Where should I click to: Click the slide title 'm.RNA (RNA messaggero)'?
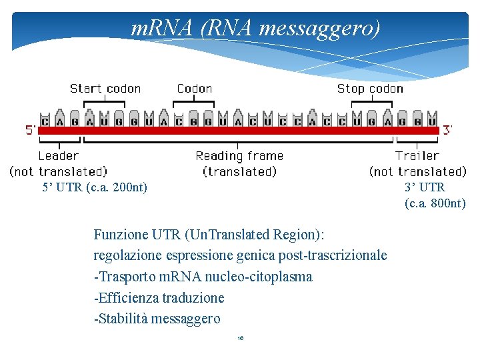(x=255, y=28)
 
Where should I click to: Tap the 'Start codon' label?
(x=105, y=89)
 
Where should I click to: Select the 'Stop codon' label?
(x=370, y=89)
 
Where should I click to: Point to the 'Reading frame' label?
(x=239, y=156)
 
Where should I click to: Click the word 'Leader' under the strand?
(x=59, y=156)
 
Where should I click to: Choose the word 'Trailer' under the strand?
(x=417, y=156)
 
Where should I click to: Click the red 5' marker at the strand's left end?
(x=31, y=130)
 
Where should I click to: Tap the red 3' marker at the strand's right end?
(x=449, y=130)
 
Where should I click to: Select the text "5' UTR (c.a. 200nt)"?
(x=95, y=187)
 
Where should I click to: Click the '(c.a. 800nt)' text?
(x=435, y=203)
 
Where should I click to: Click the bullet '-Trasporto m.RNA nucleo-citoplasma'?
(x=203, y=277)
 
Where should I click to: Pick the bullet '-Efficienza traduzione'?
(x=159, y=298)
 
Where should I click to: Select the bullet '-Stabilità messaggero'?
(x=157, y=319)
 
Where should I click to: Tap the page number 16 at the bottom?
(x=241, y=339)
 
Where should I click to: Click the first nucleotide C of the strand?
(x=45, y=121)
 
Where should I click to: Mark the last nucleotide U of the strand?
(x=432, y=121)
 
